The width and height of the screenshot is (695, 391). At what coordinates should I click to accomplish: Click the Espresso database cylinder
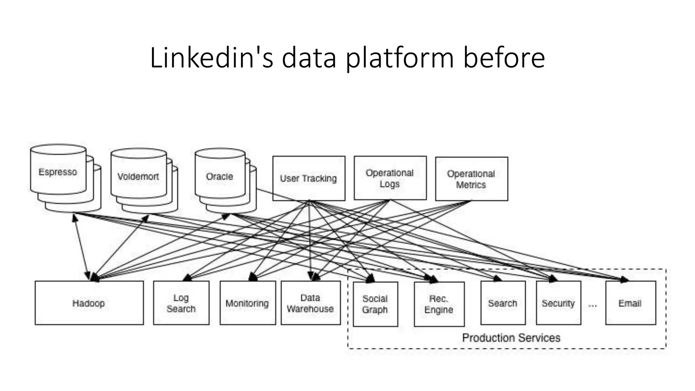(x=58, y=172)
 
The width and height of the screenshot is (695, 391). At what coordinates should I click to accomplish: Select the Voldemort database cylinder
(x=138, y=176)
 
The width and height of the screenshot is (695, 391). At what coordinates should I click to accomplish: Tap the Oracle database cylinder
(x=220, y=176)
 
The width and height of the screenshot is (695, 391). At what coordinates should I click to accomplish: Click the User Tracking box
(x=309, y=179)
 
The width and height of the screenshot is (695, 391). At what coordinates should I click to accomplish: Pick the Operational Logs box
(x=390, y=178)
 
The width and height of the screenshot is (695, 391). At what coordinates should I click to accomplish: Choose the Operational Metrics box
(x=471, y=179)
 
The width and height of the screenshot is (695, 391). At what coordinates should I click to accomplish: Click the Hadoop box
(x=89, y=303)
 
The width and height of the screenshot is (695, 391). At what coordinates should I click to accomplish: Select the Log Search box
(x=181, y=303)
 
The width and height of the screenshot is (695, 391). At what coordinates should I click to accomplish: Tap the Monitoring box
(x=247, y=303)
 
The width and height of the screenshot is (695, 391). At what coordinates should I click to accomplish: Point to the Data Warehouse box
(x=311, y=303)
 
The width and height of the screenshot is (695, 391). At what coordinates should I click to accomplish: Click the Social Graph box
(x=375, y=304)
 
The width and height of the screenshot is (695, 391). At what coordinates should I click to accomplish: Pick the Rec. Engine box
(x=439, y=304)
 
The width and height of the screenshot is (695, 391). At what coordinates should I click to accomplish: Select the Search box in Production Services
(x=503, y=303)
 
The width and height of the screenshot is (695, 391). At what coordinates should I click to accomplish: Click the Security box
(x=559, y=303)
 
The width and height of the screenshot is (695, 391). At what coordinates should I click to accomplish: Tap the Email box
(x=631, y=303)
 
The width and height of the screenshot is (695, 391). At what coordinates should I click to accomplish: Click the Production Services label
(x=511, y=338)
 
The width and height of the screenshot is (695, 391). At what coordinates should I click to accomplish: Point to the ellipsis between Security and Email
(x=593, y=306)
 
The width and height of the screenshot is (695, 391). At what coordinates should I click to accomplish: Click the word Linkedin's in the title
(x=211, y=58)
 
